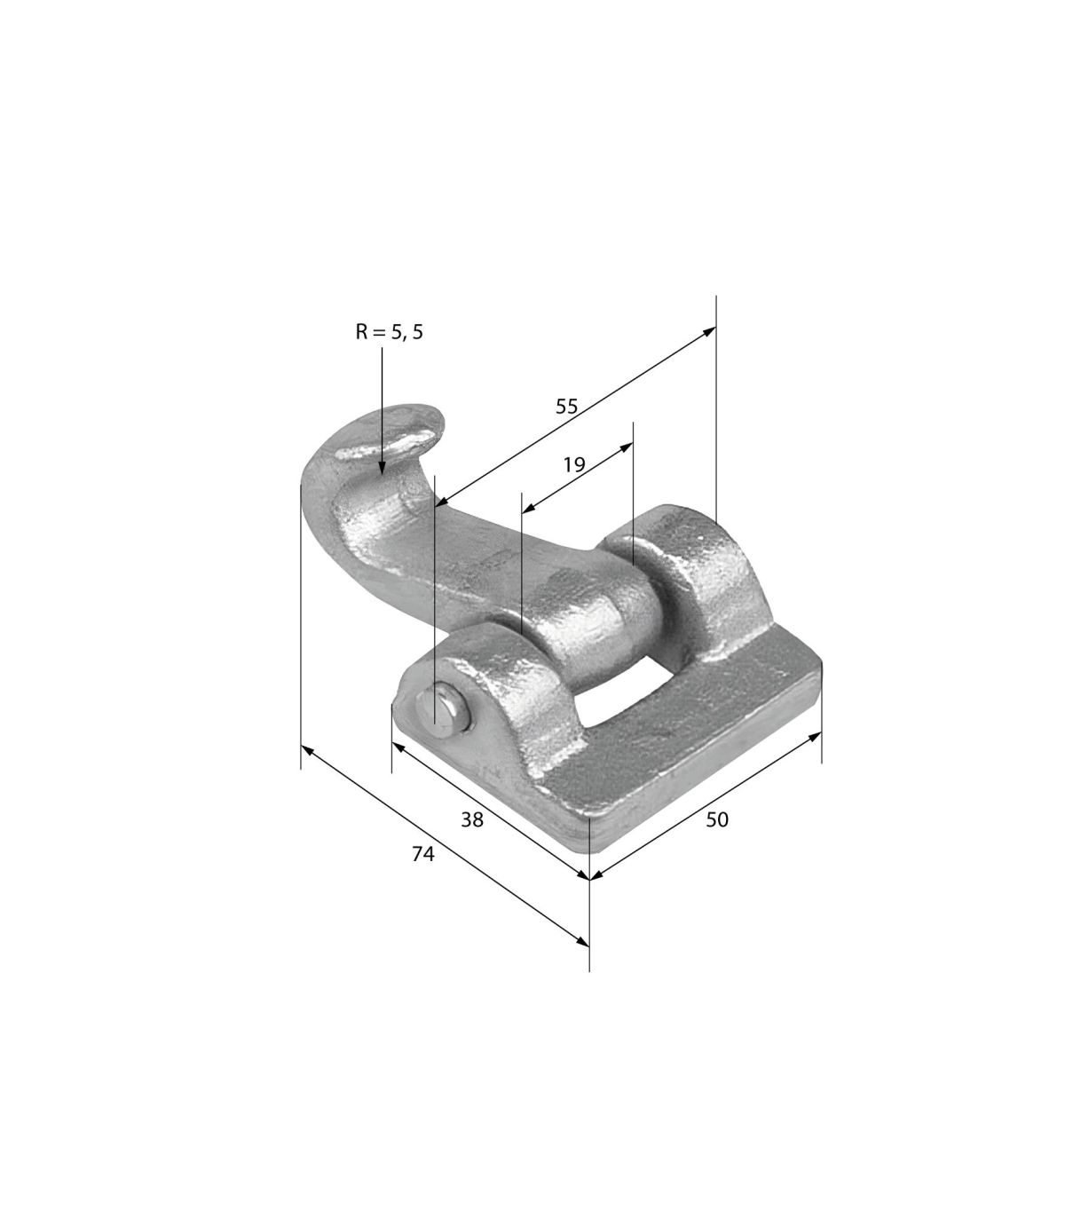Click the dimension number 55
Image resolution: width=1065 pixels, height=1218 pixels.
pyautogui.click(x=566, y=407)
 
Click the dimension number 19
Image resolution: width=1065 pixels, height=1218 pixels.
pyautogui.click(x=574, y=464)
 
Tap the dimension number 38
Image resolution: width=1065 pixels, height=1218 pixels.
pyautogui.click(x=472, y=820)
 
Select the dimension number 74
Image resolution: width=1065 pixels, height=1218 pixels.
pyautogui.click(x=423, y=854)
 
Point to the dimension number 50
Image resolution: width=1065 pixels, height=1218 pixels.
pyautogui.click(x=717, y=819)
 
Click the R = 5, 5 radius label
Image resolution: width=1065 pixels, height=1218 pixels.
pyautogui.click(x=389, y=332)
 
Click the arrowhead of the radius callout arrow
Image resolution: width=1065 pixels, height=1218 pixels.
pyautogui.click(x=382, y=468)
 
